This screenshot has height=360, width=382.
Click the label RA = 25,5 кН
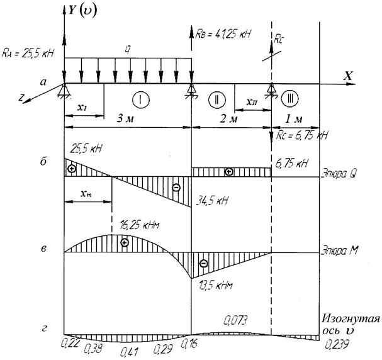[27, 53]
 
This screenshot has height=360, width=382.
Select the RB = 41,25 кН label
[223, 33]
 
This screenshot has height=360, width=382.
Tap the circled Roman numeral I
[141, 99]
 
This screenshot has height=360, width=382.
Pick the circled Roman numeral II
[217, 99]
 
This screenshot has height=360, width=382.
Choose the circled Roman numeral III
[290, 99]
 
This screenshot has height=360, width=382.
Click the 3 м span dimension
[126, 118]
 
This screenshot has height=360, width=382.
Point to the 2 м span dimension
[228, 118]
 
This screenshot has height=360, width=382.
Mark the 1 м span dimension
[294, 118]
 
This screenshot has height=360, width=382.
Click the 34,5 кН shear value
[212, 201]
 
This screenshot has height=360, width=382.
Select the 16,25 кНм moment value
[140, 225]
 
